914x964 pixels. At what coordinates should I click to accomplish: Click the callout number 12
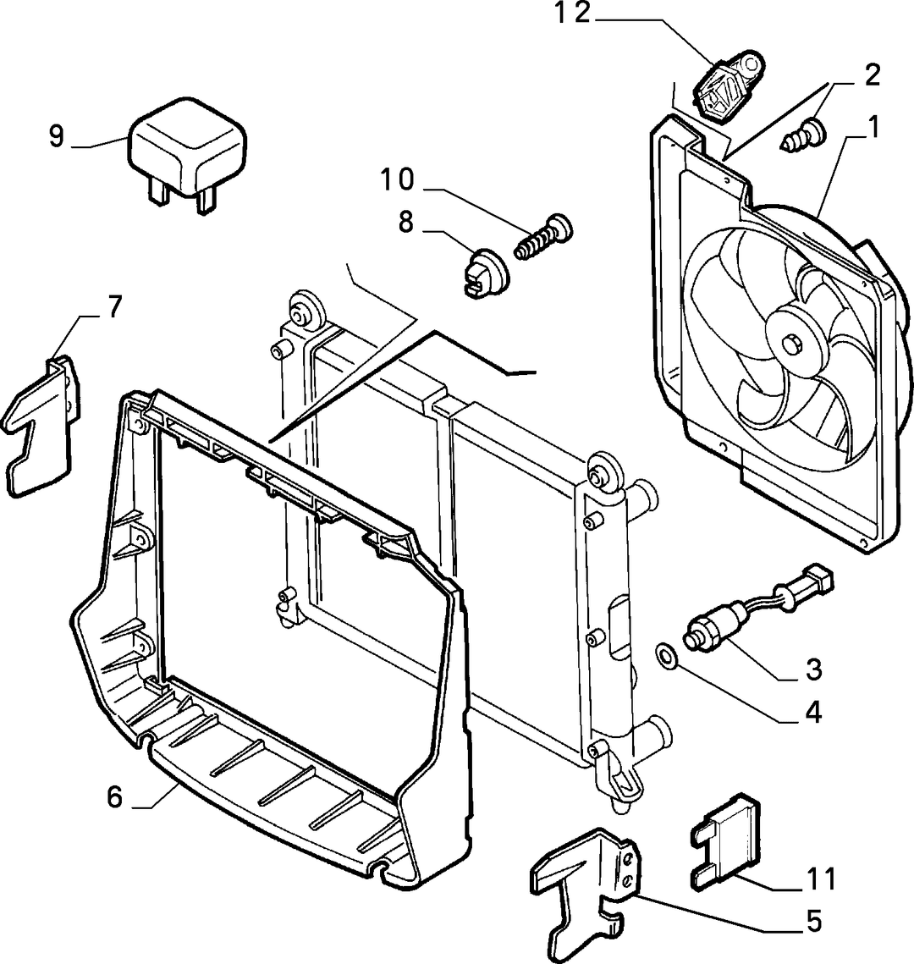(x=573, y=14)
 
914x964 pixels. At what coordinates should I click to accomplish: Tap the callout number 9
(x=57, y=136)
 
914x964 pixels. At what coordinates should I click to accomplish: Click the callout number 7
(x=114, y=306)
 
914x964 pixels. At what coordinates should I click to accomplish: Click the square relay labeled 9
(x=187, y=154)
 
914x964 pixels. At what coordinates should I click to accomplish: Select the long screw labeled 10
(x=543, y=237)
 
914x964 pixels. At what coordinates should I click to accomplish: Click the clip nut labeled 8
(x=485, y=272)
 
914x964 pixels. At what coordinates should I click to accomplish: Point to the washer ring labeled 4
(x=666, y=655)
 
